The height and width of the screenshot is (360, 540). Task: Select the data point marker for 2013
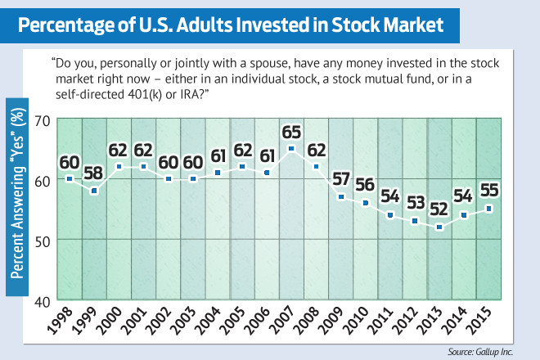click(439, 227)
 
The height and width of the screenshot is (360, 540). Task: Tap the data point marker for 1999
click(94, 191)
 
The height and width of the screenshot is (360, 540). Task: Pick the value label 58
click(94, 173)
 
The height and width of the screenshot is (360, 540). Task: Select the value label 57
click(340, 179)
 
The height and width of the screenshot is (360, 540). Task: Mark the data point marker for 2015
click(489, 209)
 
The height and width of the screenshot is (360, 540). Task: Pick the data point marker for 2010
click(364, 202)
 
